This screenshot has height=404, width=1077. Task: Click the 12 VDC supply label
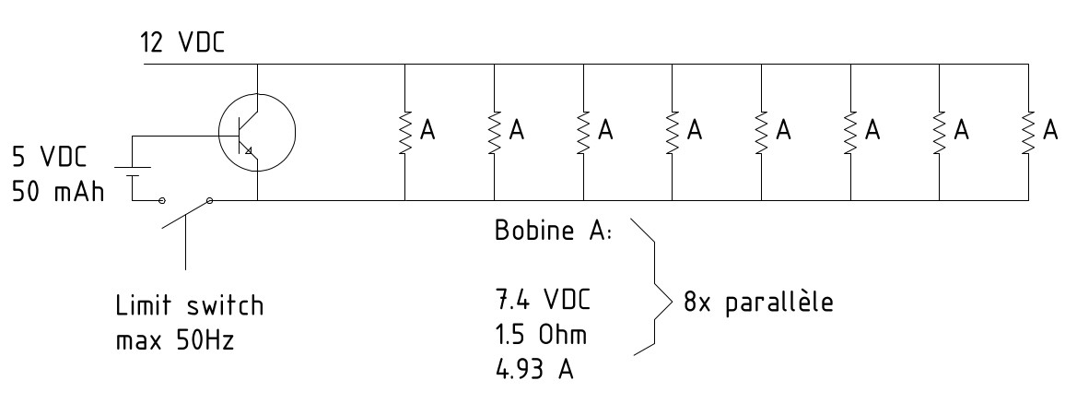(181, 42)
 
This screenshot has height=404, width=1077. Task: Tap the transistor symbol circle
(257, 131)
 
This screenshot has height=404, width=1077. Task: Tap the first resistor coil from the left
(406, 131)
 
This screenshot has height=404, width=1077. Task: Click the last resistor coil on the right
(1027, 131)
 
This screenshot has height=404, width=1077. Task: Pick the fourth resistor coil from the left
(673, 131)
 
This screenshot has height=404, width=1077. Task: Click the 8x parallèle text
(759, 303)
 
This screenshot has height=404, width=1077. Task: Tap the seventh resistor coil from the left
(939, 131)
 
